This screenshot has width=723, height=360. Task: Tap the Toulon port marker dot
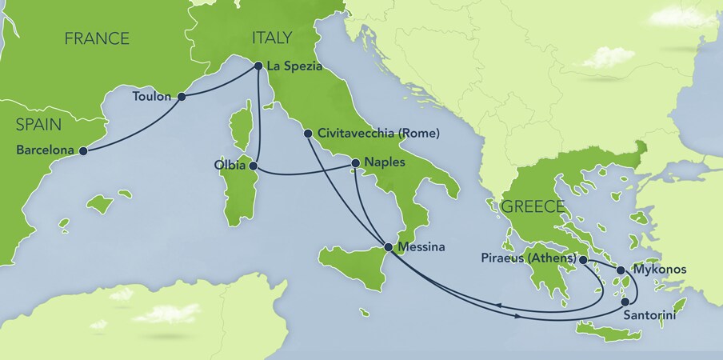pyautogui.click(x=182, y=97)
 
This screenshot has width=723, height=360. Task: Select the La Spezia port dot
pyautogui.click(x=258, y=66)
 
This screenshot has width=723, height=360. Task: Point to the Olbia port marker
pyautogui.click(x=253, y=166)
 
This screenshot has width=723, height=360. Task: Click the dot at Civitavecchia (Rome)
pyautogui.click(x=308, y=134)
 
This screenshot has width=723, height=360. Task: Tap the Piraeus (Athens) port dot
pyautogui.click(x=583, y=260)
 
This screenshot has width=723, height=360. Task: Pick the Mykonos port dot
pyautogui.click(x=621, y=270)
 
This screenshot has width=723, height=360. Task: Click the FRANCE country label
pyautogui.click(x=97, y=38)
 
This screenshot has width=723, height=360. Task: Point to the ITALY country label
pyautogui.click(x=271, y=37)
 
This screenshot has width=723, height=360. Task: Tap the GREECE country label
pyautogui.click(x=533, y=206)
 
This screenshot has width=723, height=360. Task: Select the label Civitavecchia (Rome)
pyautogui.click(x=378, y=134)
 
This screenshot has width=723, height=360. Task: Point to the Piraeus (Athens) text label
pyautogui.click(x=529, y=259)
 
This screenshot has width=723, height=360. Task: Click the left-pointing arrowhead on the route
pyautogui.click(x=497, y=306)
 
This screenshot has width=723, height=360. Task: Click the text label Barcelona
pyautogui.click(x=45, y=150)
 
